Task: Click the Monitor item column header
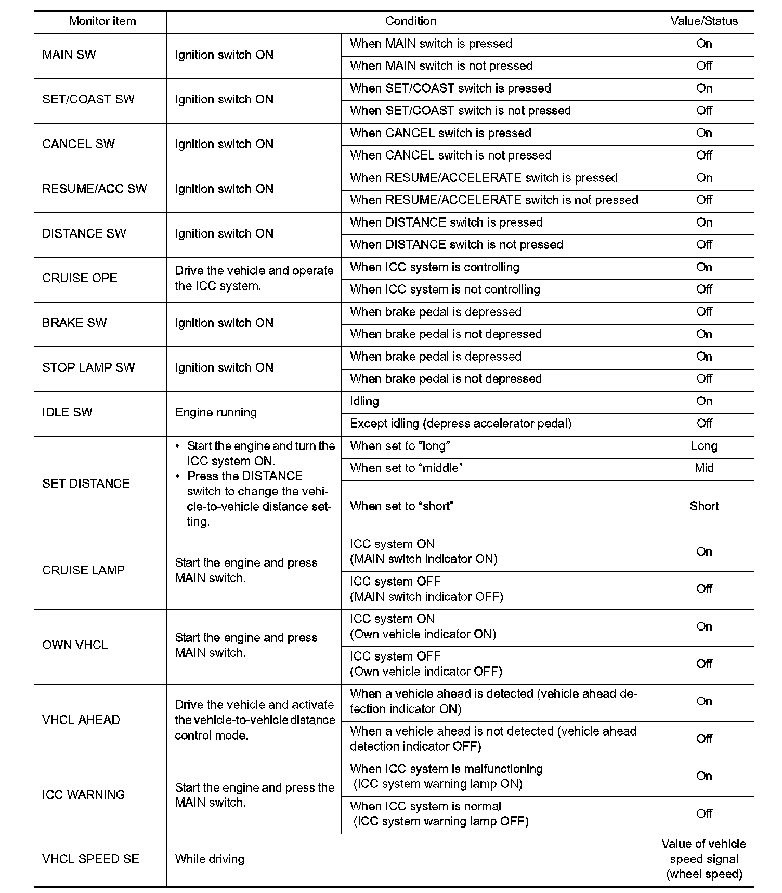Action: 102,21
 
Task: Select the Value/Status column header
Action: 704,21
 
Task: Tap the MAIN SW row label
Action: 69,55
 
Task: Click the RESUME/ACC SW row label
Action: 95,189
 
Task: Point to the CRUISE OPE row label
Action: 80,278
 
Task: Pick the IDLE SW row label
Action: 67,412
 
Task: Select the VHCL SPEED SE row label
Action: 90,859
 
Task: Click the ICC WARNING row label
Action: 83,794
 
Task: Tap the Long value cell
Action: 704,446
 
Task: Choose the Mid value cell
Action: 704,468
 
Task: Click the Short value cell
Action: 704,506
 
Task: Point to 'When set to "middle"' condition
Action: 406,468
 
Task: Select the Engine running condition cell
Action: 216,412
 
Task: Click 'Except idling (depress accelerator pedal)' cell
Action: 461,424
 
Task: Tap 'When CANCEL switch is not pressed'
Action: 450,155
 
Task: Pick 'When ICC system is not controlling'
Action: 445,290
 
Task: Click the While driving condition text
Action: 210,859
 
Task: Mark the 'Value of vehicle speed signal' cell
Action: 704,859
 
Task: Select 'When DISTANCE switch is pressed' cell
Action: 446,222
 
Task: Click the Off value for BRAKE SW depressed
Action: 704,312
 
